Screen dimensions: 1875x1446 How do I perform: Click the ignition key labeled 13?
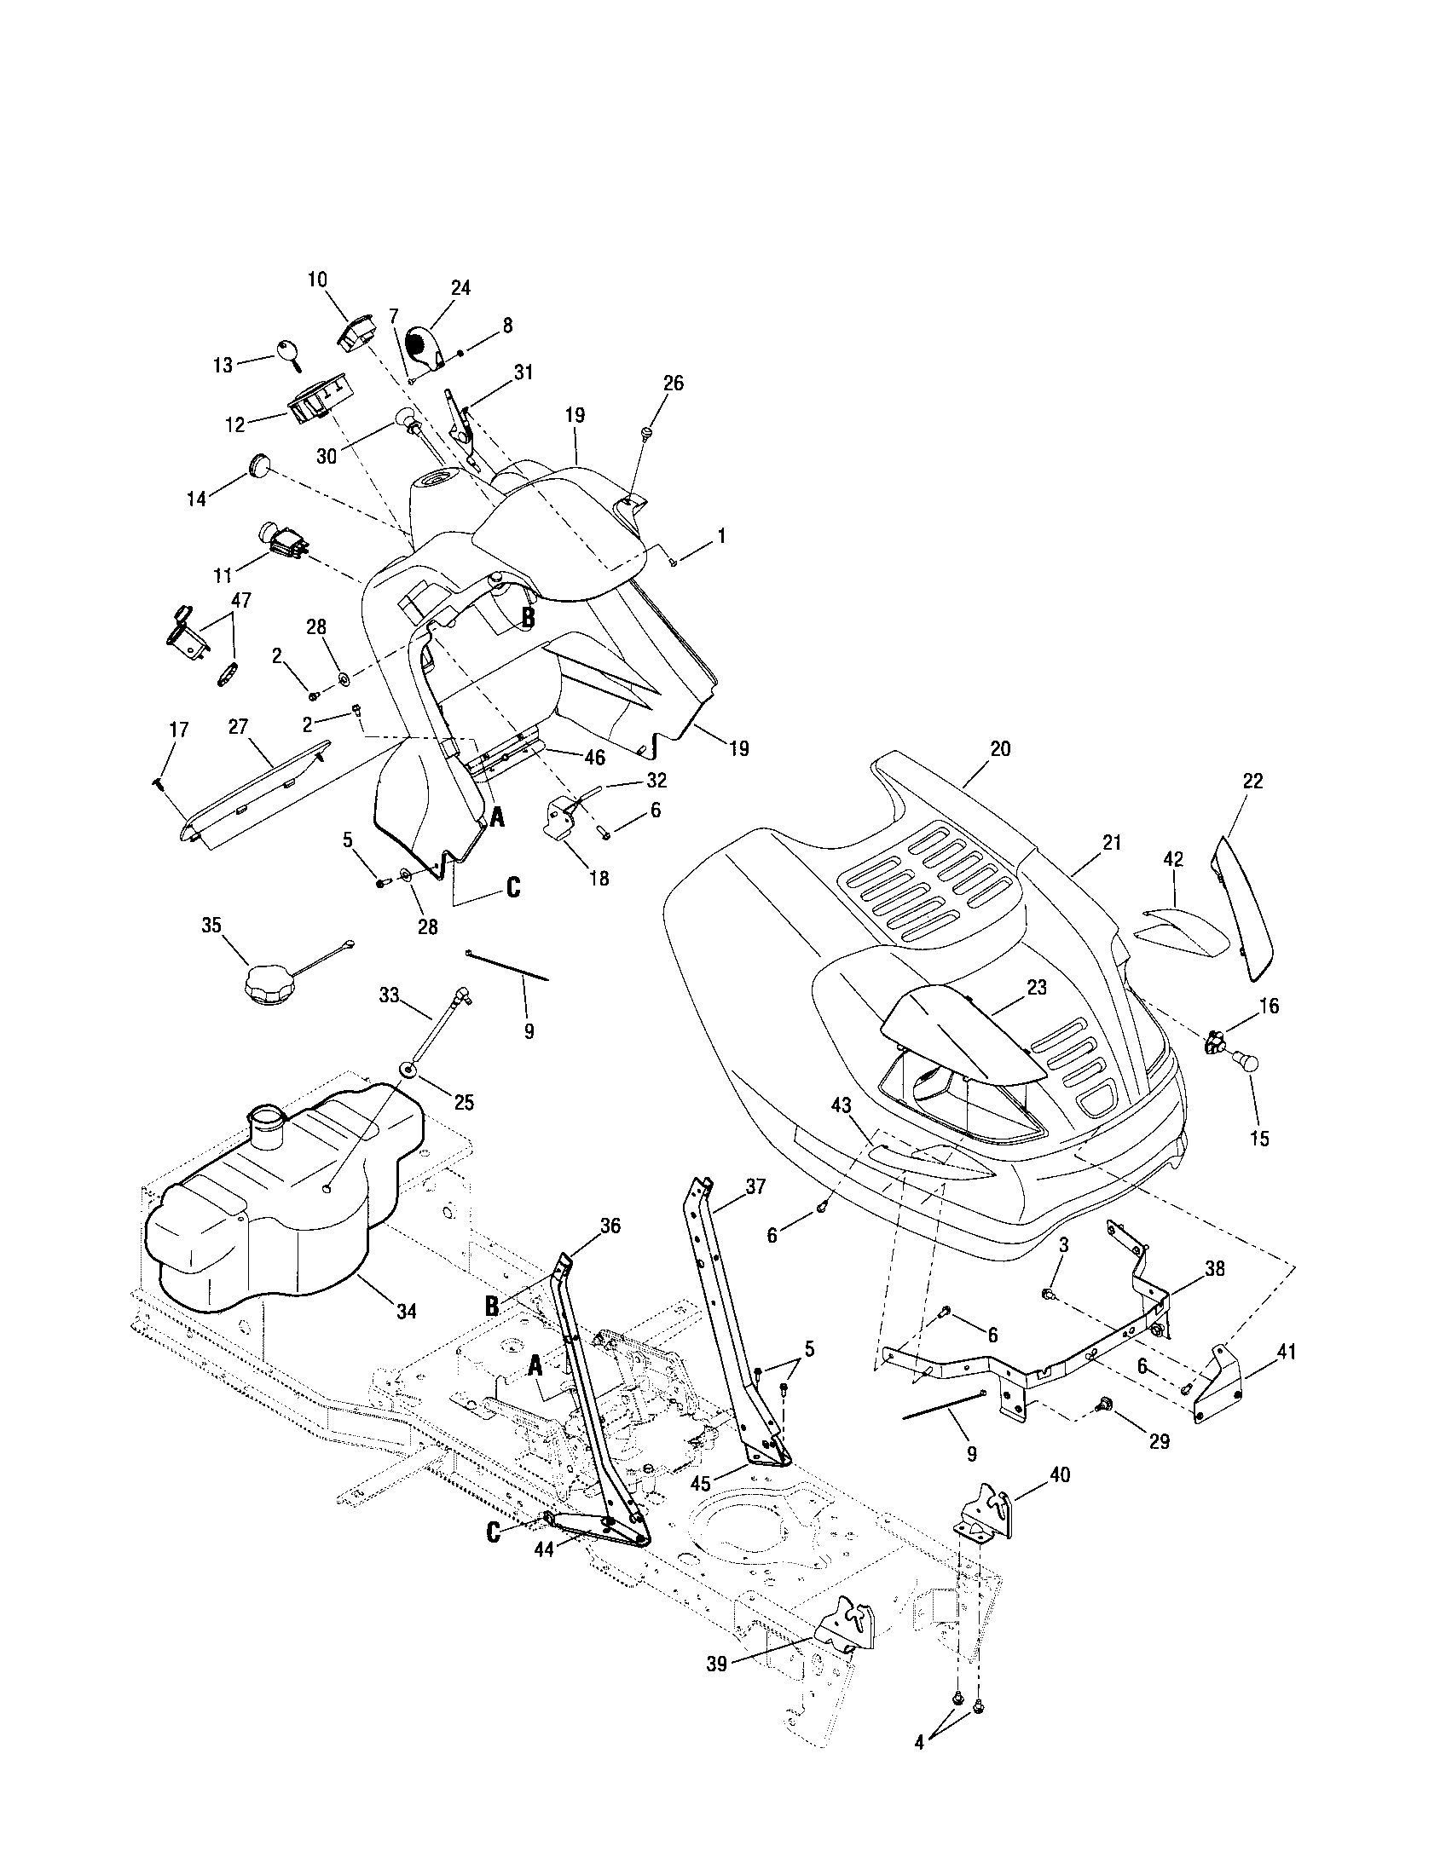pyautogui.click(x=287, y=352)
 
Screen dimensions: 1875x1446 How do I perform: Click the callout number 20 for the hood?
pyautogui.click(x=1000, y=749)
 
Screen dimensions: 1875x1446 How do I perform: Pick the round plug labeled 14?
pyautogui.click(x=258, y=466)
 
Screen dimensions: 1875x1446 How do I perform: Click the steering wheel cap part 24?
pyautogui.click(x=425, y=346)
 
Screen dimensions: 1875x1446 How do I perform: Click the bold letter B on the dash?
pyautogui.click(x=528, y=616)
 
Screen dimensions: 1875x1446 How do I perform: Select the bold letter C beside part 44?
pyautogui.click(x=494, y=1532)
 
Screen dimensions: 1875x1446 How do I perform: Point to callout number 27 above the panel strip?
pyautogui.click(x=238, y=728)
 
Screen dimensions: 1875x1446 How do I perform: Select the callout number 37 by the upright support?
pyautogui.click(x=755, y=1187)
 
